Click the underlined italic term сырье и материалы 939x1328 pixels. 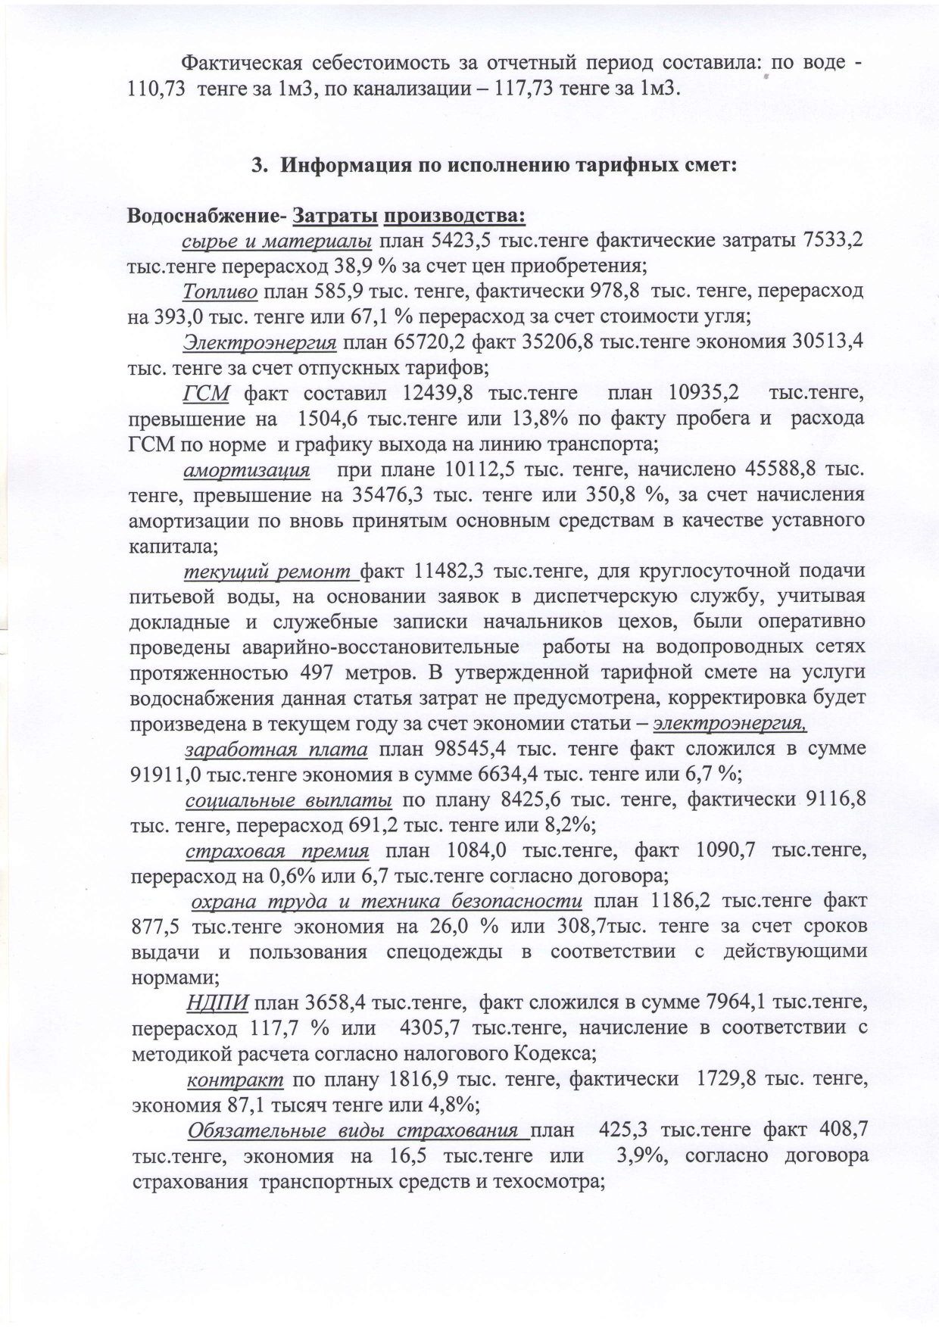tap(276, 242)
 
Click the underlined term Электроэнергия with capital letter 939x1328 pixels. tap(260, 343)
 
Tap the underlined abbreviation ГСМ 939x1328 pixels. tap(206, 394)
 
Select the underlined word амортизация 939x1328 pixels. tap(247, 469)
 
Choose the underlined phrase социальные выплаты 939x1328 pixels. tap(289, 800)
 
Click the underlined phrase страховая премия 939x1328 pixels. tap(277, 851)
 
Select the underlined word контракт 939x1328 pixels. tap(235, 1079)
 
